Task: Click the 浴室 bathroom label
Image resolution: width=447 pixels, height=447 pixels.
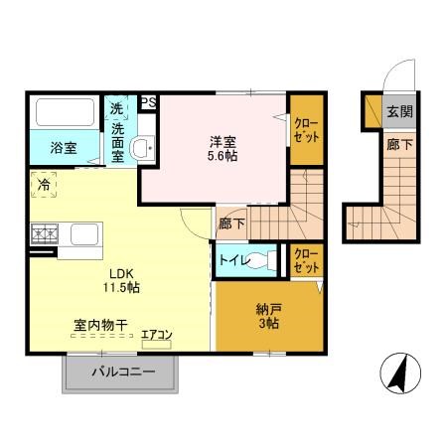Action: [64, 150]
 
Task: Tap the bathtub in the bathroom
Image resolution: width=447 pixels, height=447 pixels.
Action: [64, 113]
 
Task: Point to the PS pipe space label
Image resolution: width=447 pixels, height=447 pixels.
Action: [148, 102]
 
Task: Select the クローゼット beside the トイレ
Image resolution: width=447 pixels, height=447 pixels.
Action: [306, 259]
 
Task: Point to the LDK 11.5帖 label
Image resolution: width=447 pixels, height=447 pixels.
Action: [117, 279]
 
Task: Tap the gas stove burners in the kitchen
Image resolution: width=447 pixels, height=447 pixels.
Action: [46, 235]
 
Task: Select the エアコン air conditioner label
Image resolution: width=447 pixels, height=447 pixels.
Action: [155, 335]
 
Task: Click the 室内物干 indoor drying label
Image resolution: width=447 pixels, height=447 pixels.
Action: [102, 325]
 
